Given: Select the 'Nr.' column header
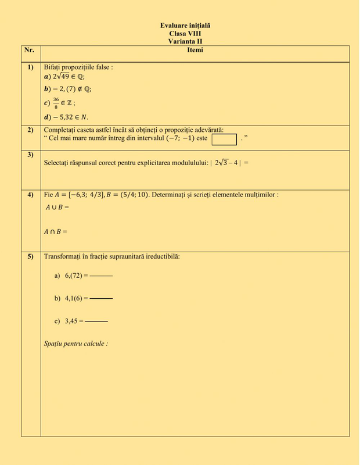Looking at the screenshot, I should pyautogui.click(x=30, y=51).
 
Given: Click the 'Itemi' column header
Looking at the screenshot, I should pyautogui.click(x=195, y=51).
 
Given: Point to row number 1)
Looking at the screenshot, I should pyautogui.click(x=30, y=68).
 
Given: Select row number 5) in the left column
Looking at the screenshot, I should pyautogui.click(x=30, y=257).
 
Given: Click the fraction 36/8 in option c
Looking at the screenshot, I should pyautogui.click(x=57, y=103).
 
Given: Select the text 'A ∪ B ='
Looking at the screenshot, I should pyautogui.click(x=57, y=207).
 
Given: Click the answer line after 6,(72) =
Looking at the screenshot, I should pyautogui.click(x=101, y=274).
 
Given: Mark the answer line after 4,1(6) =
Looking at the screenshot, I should pyautogui.click(x=101, y=298).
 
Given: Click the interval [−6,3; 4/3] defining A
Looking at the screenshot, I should pyautogui.click(x=87, y=194).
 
